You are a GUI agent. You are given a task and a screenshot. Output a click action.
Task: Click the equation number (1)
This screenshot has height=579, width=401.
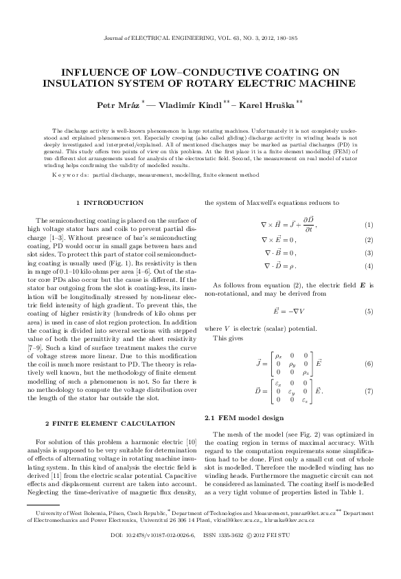[x=368, y=226]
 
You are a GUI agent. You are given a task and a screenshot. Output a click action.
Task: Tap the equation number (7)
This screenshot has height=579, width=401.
[x=368, y=391]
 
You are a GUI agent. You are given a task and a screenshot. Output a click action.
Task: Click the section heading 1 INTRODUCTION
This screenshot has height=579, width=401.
[x=109, y=203]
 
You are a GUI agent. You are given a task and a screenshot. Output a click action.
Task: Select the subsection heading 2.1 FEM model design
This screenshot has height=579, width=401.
[x=237, y=419]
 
